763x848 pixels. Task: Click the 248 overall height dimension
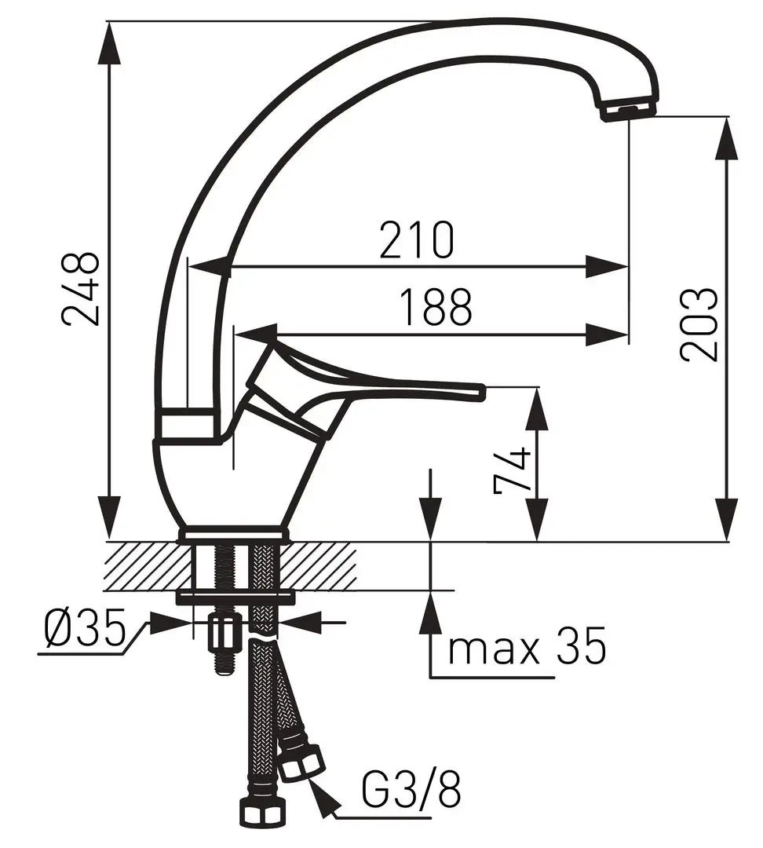coord(81,288)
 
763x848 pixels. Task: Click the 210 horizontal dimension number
coord(416,239)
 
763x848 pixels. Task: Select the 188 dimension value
coord(436,307)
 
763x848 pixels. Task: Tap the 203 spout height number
coord(699,324)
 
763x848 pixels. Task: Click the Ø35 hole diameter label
coord(84,629)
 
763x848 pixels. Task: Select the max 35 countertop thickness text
coord(527,647)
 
